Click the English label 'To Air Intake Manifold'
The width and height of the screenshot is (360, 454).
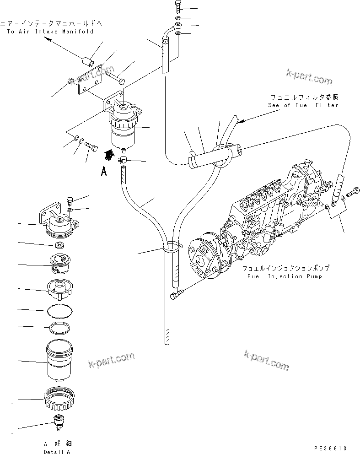click(50, 32)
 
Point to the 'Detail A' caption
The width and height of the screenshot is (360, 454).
click(57, 452)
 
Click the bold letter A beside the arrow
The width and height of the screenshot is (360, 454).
click(104, 172)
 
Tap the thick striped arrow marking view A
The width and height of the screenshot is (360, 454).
click(109, 156)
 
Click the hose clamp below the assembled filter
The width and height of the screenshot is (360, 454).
click(122, 160)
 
